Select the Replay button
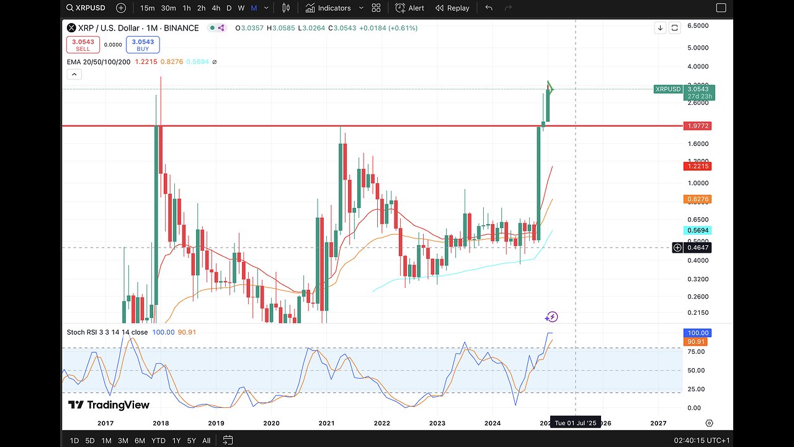[452, 8]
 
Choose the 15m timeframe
[147, 8]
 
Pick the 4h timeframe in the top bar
[216, 8]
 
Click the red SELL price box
[83, 45]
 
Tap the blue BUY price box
[143, 45]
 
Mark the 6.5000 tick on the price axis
[698, 26]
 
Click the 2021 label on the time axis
[326, 423]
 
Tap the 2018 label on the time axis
[161, 423]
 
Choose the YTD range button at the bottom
[158, 441]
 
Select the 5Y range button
[192, 441]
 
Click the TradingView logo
[109, 405]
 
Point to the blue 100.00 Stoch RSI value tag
[696, 333]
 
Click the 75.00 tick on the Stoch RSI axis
[696, 352]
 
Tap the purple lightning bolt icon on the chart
[551, 317]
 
